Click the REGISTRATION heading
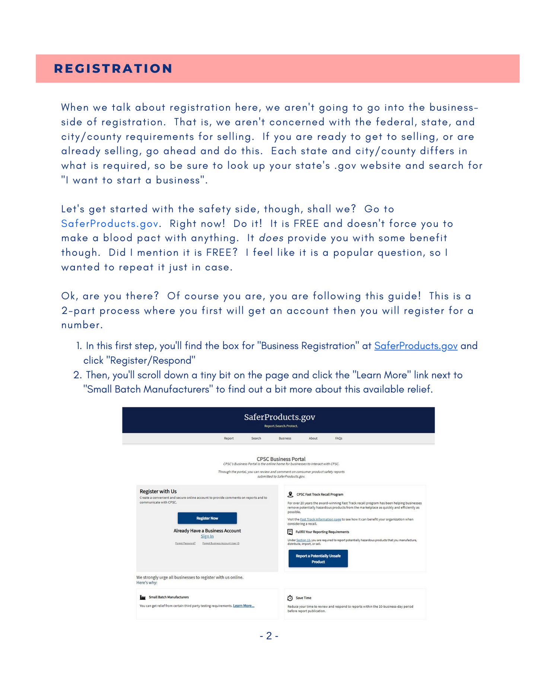click(x=113, y=69)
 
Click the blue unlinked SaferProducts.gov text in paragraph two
click(x=110, y=224)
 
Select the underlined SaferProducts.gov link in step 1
click(x=416, y=346)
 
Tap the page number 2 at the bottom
click(x=269, y=636)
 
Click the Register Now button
click(x=207, y=518)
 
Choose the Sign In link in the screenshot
click(x=207, y=536)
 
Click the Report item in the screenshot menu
click(x=229, y=439)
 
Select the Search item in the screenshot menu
click(x=256, y=439)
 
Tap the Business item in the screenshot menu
click(x=285, y=439)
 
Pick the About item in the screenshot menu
click(x=313, y=439)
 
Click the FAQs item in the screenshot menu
click(x=338, y=439)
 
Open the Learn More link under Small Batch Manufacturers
click(x=243, y=606)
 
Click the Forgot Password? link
click(x=185, y=543)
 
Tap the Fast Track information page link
click(x=320, y=519)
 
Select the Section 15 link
click(x=303, y=540)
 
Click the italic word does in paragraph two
click(x=271, y=238)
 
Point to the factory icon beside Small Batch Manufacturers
click(x=143, y=597)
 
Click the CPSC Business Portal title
click(x=281, y=459)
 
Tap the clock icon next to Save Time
click(x=290, y=598)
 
